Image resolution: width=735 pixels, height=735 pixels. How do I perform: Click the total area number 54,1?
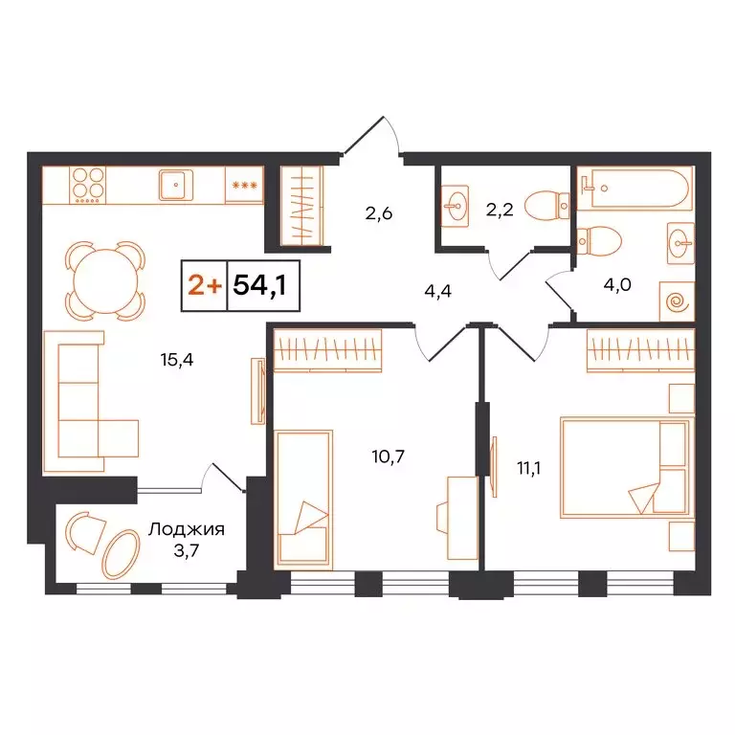point(259,285)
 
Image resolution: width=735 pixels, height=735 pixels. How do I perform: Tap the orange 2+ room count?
point(203,285)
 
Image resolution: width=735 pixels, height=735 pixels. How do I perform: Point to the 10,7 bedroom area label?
point(390,456)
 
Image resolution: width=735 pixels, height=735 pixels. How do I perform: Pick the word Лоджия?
point(187,527)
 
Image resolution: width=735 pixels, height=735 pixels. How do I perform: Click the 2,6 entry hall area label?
point(379,213)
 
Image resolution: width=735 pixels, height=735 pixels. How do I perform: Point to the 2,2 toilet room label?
point(501,211)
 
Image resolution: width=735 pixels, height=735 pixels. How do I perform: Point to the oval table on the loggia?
point(121,554)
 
